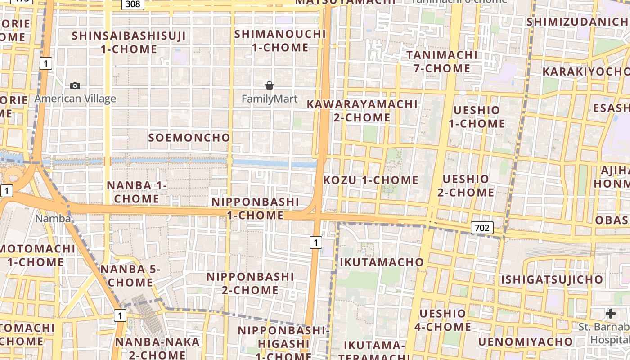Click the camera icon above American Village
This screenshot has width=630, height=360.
click(75, 85)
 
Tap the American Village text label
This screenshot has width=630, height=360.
click(75, 99)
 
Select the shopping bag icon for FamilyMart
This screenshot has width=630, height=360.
click(270, 85)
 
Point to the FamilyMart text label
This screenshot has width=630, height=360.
click(270, 99)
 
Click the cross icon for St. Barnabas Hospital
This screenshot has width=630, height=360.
click(611, 314)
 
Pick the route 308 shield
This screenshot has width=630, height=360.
click(133, 4)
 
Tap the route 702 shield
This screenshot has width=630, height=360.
click(481, 228)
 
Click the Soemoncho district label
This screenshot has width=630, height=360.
click(189, 138)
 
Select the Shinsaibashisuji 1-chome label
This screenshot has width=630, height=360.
click(129, 42)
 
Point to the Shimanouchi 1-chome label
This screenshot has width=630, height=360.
click(280, 40)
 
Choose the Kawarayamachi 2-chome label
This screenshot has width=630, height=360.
click(362, 111)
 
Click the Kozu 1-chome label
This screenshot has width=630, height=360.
click(371, 180)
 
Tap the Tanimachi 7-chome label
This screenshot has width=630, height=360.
click(441, 62)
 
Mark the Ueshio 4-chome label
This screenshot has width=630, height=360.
click(443, 320)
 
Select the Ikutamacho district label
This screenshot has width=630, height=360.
click(382, 262)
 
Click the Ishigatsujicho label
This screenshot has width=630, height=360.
click(552, 279)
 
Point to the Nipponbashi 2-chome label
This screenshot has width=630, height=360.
click(250, 283)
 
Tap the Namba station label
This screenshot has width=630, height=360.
click(53, 219)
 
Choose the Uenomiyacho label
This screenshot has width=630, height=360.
click(525, 342)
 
